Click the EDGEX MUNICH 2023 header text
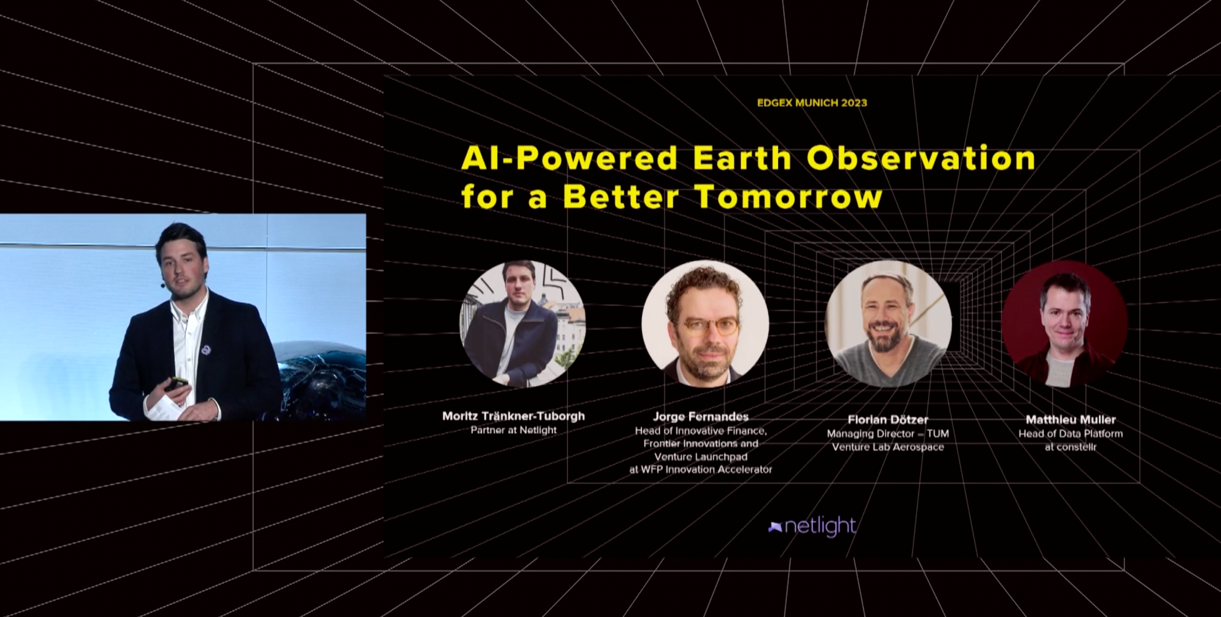click(812, 103)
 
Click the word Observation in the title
click(921, 158)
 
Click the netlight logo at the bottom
click(812, 526)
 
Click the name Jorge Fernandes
click(701, 417)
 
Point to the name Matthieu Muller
click(1070, 420)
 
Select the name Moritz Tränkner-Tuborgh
click(513, 416)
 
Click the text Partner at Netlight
click(513, 430)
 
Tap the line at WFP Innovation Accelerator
click(701, 469)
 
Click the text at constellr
click(1070, 447)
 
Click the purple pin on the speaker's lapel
click(206, 351)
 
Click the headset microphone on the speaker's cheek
click(163, 286)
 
